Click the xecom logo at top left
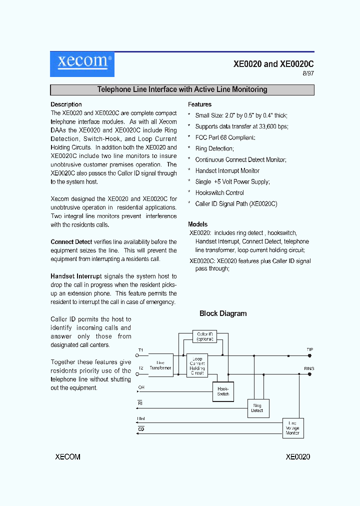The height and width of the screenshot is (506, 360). click(82, 64)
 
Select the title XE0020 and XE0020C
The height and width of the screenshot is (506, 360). click(273, 64)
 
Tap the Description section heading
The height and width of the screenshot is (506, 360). click(66, 104)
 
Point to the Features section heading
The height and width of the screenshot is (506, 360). click(199, 104)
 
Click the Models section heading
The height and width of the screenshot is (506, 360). click(197, 224)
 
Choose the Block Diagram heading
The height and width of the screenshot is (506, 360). click(223, 313)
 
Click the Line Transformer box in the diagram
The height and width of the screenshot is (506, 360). click(160, 365)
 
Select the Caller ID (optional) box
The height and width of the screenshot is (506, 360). click(205, 336)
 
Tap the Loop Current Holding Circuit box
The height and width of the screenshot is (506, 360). click(197, 366)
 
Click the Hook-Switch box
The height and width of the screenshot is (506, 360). click(223, 391)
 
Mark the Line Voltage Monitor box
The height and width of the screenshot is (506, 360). click(292, 428)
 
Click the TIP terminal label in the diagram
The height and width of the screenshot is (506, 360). click(309, 349)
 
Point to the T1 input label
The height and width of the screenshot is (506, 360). click(140, 350)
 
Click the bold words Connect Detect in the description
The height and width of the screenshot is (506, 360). click(71, 242)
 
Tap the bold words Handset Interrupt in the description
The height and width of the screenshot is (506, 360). click(76, 276)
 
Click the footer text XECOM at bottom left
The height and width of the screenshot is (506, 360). click(67, 457)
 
